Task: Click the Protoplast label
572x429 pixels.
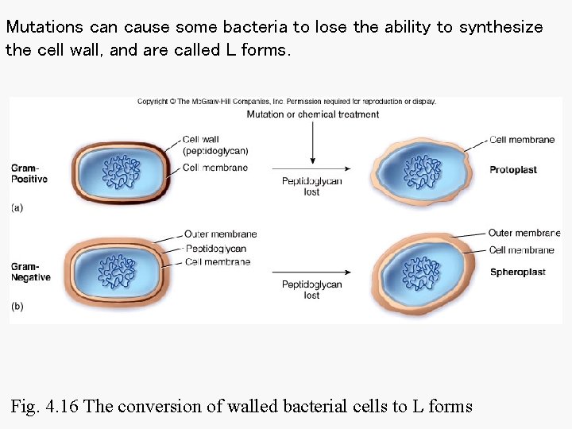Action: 514,170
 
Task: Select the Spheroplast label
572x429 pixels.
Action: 517,272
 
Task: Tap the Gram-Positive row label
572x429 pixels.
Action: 29,173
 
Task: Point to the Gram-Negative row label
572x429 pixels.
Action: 30,272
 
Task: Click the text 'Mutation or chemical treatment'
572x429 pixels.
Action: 312,114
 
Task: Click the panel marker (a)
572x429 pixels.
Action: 17,207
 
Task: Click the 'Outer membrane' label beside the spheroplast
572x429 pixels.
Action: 524,233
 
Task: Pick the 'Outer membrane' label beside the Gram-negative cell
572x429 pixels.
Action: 220,234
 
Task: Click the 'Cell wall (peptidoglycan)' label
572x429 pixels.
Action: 215,145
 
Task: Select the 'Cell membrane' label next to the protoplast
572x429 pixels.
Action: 522,140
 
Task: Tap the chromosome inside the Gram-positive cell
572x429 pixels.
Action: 122,172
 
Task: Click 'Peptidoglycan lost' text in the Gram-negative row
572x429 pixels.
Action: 311,290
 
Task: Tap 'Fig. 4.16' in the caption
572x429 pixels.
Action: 44,407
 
